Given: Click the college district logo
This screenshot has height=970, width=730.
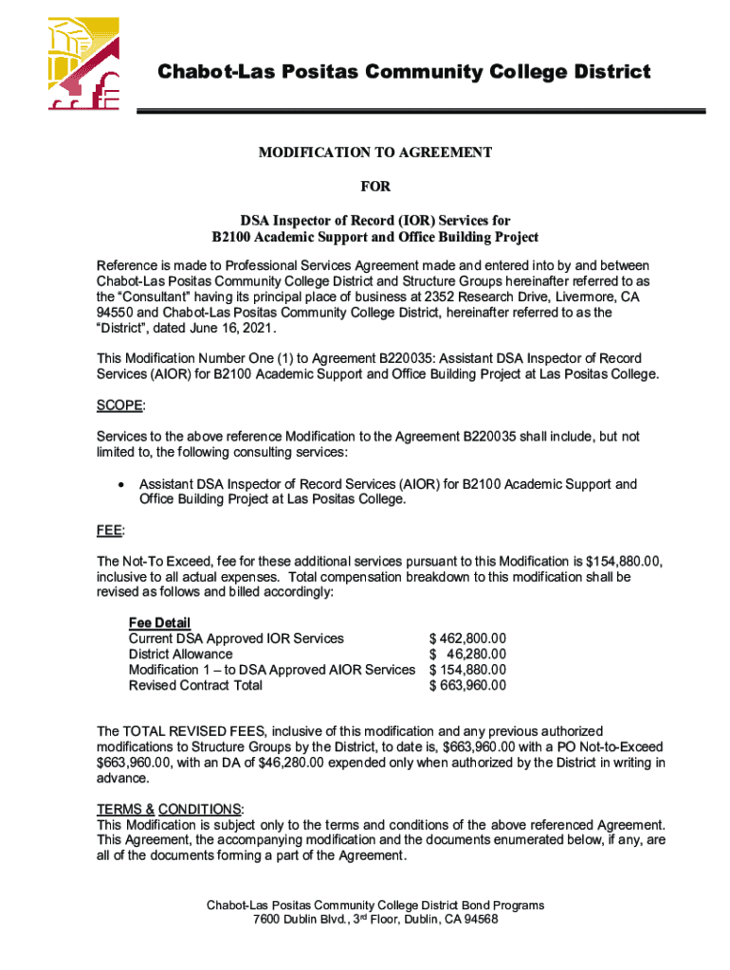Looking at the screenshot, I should (x=83, y=63).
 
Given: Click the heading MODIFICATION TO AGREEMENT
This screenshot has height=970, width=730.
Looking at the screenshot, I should (x=375, y=153).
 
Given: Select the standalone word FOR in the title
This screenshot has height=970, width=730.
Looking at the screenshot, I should (x=374, y=187).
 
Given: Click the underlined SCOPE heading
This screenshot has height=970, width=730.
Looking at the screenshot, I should (x=120, y=405).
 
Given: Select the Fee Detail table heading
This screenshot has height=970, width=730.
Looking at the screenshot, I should (x=159, y=622).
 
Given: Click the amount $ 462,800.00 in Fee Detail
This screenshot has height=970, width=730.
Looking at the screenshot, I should (x=467, y=638).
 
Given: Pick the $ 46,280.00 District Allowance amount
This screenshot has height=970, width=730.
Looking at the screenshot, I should (x=467, y=655).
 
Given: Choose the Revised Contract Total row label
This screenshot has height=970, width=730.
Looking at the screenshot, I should (x=195, y=686).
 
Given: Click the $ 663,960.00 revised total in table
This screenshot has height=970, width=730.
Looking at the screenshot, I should (x=467, y=686).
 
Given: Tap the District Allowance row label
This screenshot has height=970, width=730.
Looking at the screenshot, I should (x=180, y=655).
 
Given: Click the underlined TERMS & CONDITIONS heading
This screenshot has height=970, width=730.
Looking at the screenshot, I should (x=170, y=809).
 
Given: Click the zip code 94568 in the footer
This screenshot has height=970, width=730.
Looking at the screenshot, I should (x=479, y=920).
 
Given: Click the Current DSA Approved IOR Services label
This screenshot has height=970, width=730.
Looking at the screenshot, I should (x=236, y=638).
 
